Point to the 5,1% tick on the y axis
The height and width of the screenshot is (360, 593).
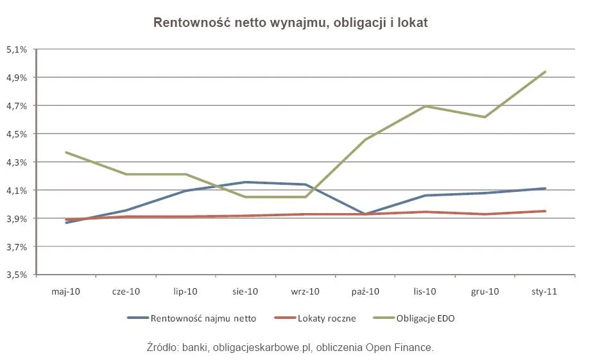pyautogui.click(x=17, y=49)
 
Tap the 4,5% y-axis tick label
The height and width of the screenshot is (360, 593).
pyautogui.click(x=17, y=134)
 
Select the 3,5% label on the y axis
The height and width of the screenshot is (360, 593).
pyautogui.click(x=17, y=275)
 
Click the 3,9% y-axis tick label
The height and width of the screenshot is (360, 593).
pyautogui.click(x=17, y=219)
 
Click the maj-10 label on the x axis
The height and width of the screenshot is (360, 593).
pyautogui.click(x=66, y=291)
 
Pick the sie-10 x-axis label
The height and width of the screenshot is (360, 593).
pyautogui.click(x=245, y=291)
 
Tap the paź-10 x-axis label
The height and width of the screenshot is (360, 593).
pyautogui.click(x=365, y=291)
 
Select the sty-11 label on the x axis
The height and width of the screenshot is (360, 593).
pyautogui.click(x=545, y=291)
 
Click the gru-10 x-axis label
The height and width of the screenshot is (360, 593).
pyautogui.click(x=485, y=291)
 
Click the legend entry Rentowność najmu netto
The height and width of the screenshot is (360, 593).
pyautogui.click(x=202, y=318)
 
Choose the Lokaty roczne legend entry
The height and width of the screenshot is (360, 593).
pyautogui.click(x=327, y=318)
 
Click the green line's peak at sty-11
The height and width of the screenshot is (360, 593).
pyautogui.click(x=545, y=72)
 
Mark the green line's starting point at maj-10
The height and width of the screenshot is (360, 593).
pyautogui.click(x=66, y=152)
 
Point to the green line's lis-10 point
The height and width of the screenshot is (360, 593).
pyautogui.click(x=425, y=106)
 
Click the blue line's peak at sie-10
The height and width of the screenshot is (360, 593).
pyautogui.click(x=245, y=182)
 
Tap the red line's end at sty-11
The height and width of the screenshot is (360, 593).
pyautogui.click(x=545, y=211)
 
